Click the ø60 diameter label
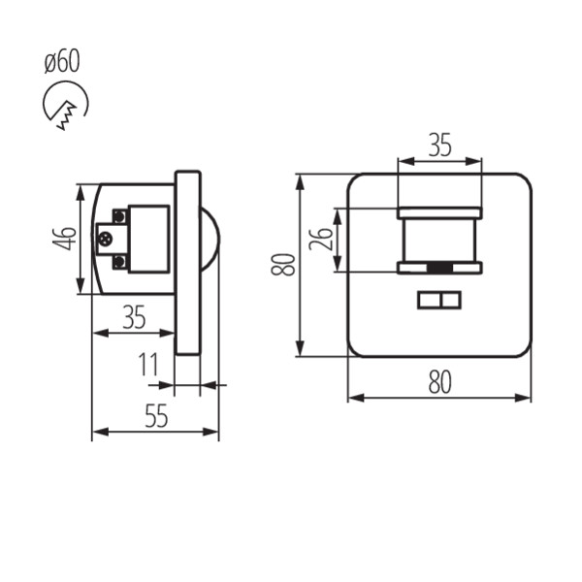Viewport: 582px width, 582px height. pos(62,61)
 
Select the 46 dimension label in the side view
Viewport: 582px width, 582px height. pos(65,239)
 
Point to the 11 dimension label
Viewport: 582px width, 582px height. pos(148,364)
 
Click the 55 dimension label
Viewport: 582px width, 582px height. pos(156,415)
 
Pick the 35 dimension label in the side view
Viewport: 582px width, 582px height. pos(134,317)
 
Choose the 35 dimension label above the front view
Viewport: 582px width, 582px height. pos(439,145)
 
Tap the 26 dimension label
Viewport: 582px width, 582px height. pos(321,239)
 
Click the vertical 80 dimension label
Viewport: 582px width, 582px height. pos(283,264)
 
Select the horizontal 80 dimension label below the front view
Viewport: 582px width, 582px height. pos(439,382)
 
